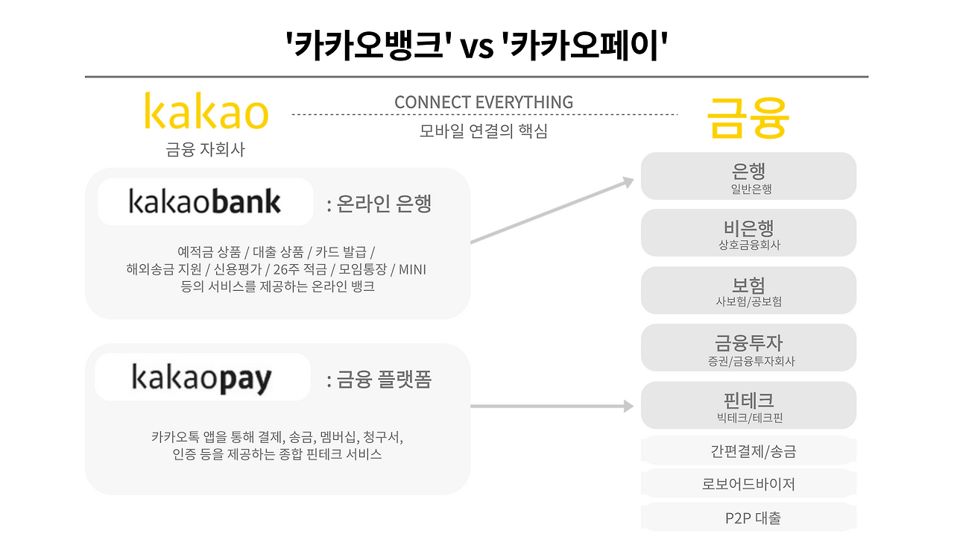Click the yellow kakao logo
coord(206,112)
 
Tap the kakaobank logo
coord(205,202)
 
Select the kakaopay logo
coord(202,378)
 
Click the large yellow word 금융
coord(748,117)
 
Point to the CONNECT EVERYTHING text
coord(484,102)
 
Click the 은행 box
coord(748,177)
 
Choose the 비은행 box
coord(748,233)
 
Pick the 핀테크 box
coord(748,406)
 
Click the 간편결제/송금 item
coord(748,451)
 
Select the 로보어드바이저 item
coord(748,484)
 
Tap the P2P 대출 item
coord(748,518)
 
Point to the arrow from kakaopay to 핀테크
coord(552,406)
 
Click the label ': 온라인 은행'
coord(379,204)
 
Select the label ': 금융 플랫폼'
coord(379,380)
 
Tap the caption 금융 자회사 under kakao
coord(205,150)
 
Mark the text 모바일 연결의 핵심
coord(484,131)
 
